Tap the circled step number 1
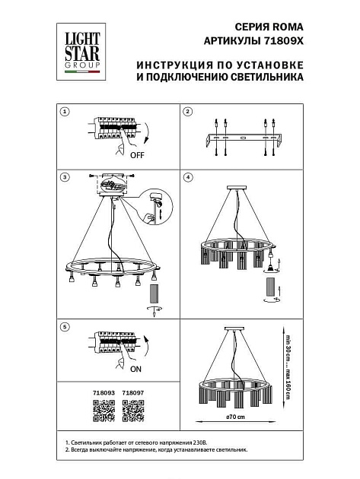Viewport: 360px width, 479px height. [65, 112]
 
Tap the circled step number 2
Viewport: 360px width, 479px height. [188, 112]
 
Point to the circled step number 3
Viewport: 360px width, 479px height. [65, 177]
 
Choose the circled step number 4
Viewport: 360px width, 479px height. [188, 177]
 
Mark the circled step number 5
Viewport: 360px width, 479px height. [65, 326]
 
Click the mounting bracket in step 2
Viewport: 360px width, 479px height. [242, 139]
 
